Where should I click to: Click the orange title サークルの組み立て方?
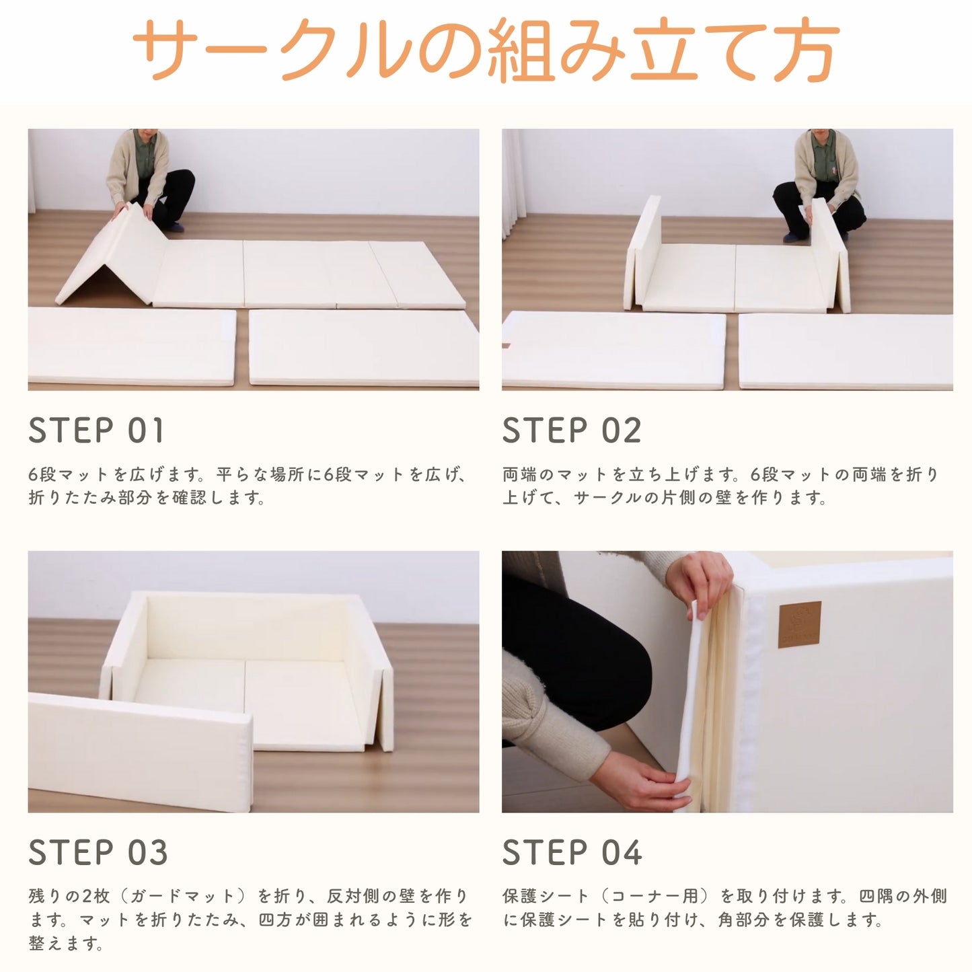[x=486, y=50]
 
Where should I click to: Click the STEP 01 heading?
[x=96, y=431]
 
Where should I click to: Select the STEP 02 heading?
[x=571, y=431]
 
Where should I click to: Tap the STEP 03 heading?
[x=98, y=853]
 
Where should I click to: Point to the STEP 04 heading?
[x=572, y=853]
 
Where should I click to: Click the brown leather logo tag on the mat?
[x=800, y=624]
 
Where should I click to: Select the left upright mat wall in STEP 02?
[x=644, y=252]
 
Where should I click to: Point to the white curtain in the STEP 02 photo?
[x=513, y=182]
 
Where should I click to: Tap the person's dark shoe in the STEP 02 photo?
[x=792, y=236]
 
